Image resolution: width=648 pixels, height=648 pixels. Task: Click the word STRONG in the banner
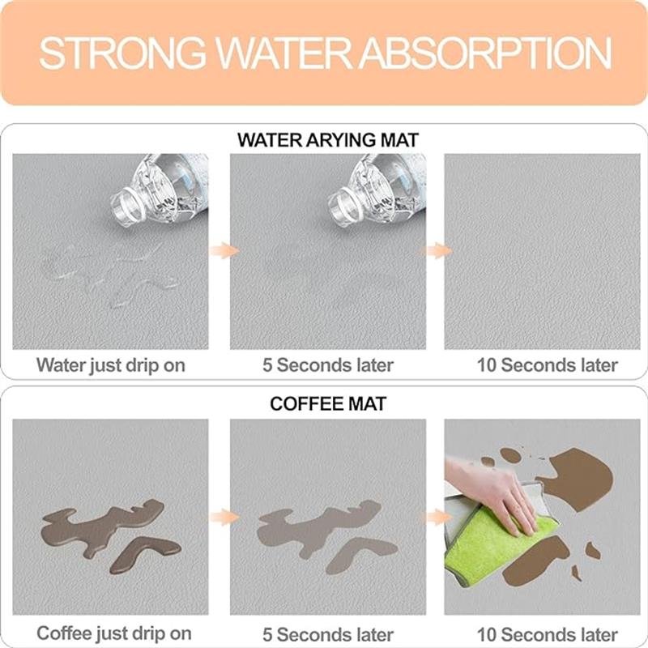[x=123, y=53]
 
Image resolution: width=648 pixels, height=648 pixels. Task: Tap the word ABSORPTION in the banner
[x=485, y=53]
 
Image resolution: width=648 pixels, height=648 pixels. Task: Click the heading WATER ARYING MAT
[x=328, y=140]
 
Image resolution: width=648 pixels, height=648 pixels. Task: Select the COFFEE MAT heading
[x=328, y=403]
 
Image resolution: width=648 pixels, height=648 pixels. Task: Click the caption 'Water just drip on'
[x=111, y=365]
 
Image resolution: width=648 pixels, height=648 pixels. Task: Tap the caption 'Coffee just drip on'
[x=114, y=633]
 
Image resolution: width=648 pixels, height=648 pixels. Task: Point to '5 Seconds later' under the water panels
[x=328, y=365]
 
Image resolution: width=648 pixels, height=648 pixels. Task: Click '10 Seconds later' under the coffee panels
[x=548, y=634]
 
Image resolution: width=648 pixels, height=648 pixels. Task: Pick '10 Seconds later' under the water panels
[x=548, y=365]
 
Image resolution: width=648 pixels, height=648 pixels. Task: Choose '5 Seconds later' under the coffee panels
[x=328, y=634]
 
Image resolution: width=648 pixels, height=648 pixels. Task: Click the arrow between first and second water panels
[x=224, y=250]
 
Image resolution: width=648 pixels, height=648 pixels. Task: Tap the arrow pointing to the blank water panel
[x=437, y=250]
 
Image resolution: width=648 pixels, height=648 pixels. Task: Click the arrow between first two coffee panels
[x=224, y=517]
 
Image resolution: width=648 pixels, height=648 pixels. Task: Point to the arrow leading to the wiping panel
[x=437, y=517]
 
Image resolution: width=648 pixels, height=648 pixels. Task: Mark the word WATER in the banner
[x=282, y=53]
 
